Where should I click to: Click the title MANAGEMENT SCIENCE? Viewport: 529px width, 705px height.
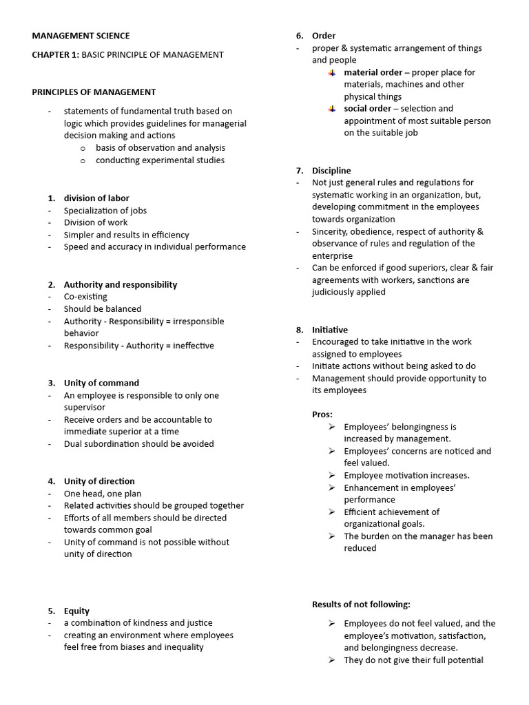81,36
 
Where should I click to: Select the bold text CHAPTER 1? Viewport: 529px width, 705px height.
56,54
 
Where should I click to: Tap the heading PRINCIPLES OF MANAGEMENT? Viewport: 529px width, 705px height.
94,92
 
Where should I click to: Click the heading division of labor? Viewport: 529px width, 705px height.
96,198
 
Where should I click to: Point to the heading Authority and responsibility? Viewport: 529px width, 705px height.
121,284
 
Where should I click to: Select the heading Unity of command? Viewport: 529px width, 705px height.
101,383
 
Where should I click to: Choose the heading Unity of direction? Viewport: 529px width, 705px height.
99,481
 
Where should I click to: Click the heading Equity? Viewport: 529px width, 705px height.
77,611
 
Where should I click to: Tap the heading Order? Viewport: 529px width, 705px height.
324,36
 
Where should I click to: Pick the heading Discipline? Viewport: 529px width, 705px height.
331,171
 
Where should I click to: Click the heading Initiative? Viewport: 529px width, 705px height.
330,330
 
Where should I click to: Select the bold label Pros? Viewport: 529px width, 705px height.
322,414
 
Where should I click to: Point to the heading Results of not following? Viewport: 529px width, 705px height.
361,604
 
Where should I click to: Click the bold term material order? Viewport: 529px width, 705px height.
373,72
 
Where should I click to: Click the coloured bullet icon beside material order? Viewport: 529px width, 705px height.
332,72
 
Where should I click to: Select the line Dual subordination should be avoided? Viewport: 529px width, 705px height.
138,444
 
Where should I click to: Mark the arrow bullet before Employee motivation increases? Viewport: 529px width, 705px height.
332,475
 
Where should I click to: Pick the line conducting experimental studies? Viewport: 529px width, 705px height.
160,160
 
